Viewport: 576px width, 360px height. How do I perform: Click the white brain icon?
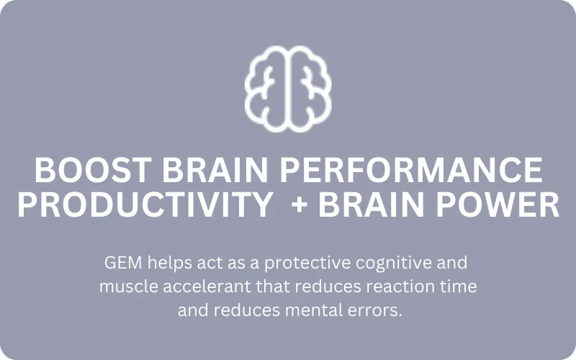(x=288, y=89)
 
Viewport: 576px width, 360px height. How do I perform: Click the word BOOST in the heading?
(x=94, y=170)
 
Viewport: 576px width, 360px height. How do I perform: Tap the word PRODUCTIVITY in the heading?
(x=145, y=205)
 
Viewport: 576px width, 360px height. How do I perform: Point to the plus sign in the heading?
(x=300, y=205)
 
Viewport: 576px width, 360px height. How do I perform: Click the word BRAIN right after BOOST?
(x=215, y=170)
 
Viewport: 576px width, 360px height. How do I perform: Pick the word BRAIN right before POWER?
(x=372, y=205)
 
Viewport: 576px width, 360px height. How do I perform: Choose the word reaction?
(x=403, y=287)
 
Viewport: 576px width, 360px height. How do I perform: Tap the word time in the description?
(x=461, y=287)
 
